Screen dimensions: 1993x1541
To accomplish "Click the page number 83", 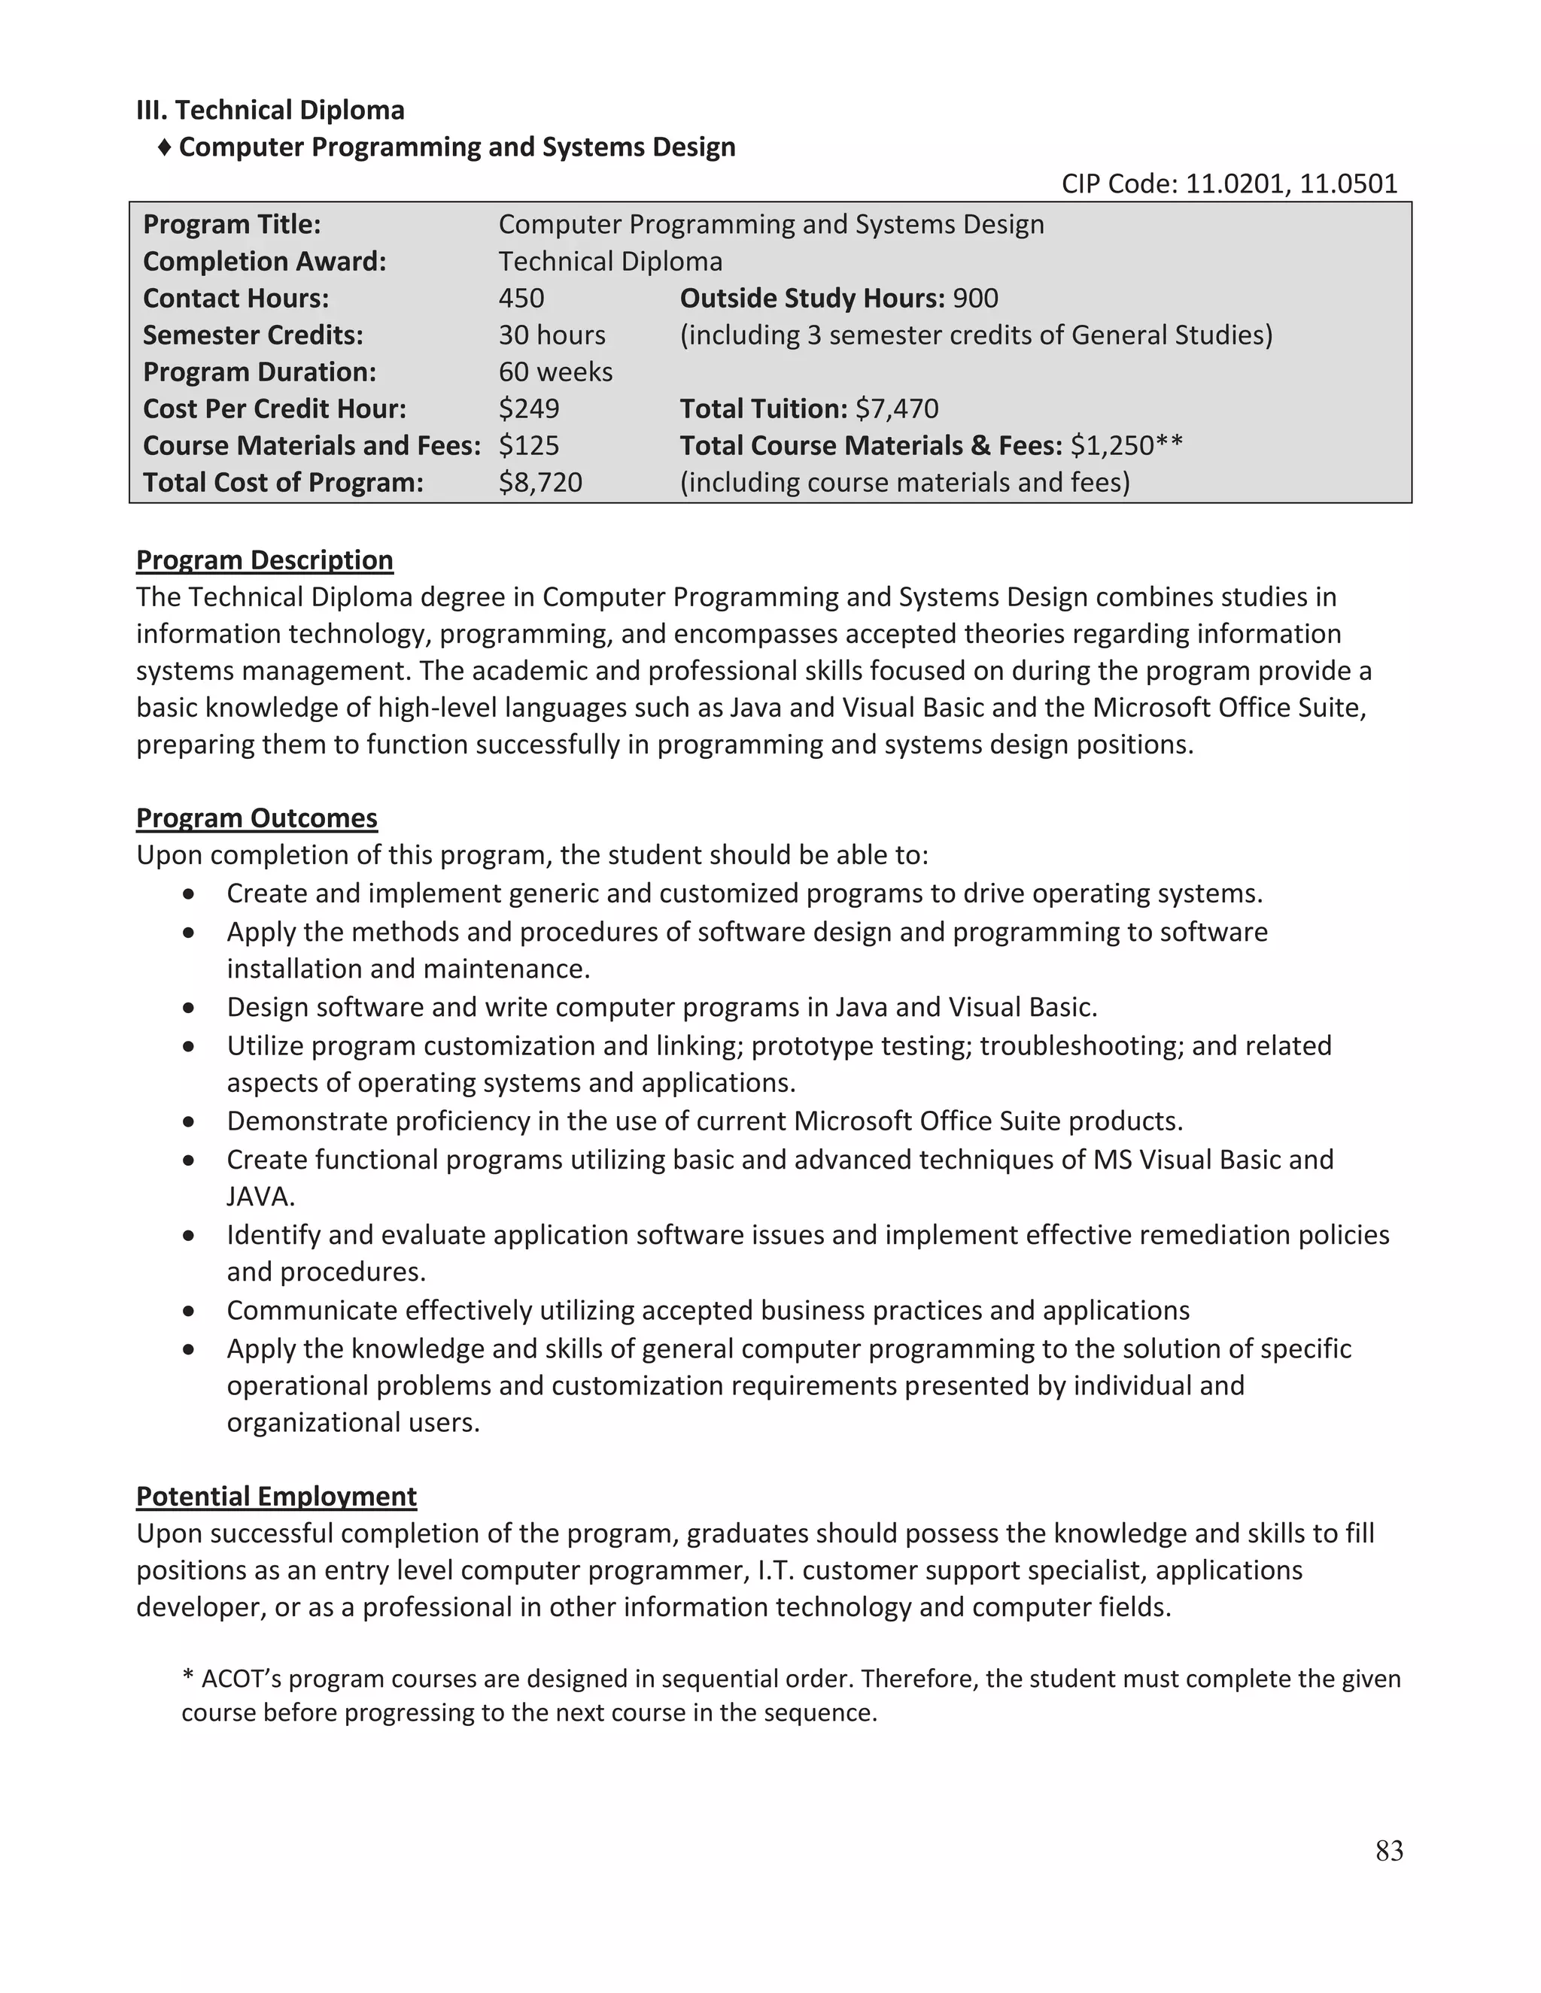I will tap(1388, 1850).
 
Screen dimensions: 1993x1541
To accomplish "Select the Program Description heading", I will tap(264, 560).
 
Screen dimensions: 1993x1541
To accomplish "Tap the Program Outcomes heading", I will tap(257, 818).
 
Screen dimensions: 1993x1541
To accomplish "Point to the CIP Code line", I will tap(1229, 184).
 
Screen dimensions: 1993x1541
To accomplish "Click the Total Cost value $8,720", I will tap(540, 482).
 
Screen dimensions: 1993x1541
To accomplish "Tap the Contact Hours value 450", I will tap(521, 299).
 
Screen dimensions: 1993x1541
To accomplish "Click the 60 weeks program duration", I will tap(555, 372).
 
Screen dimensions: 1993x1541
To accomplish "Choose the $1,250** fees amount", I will tap(1126, 445).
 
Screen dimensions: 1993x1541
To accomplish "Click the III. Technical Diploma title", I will tap(270, 111).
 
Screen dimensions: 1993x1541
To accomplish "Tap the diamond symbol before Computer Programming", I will tap(164, 147).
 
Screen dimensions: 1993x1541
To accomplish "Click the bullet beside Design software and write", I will tap(188, 1009).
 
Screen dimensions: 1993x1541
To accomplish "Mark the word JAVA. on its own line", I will tap(260, 1197).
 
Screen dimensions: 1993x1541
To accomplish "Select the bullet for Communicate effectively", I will tap(188, 1312).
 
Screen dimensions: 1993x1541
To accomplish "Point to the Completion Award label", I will tap(265, 262).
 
